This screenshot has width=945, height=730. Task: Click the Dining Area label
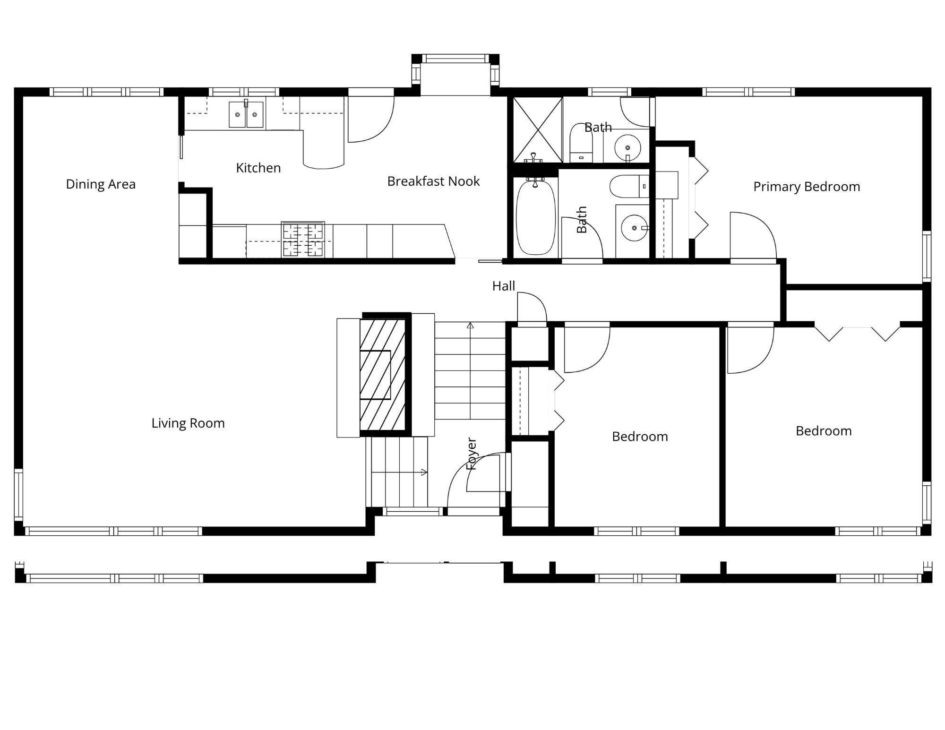click(101, 184)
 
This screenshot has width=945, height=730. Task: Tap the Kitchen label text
click(258, 168)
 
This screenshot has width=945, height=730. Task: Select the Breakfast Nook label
click(433, 181)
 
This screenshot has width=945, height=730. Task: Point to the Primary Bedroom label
click(807, 187)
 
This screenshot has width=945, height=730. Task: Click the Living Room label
click(188, 423)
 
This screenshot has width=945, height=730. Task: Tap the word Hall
click(504, 286)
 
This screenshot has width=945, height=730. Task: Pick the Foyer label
click(472, 454)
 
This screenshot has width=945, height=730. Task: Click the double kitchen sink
click(246, 114)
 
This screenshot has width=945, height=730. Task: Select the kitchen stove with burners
click(303, 240)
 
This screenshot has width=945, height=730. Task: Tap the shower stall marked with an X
click(538, 130)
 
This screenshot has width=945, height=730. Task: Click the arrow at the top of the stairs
click(470, 325)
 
